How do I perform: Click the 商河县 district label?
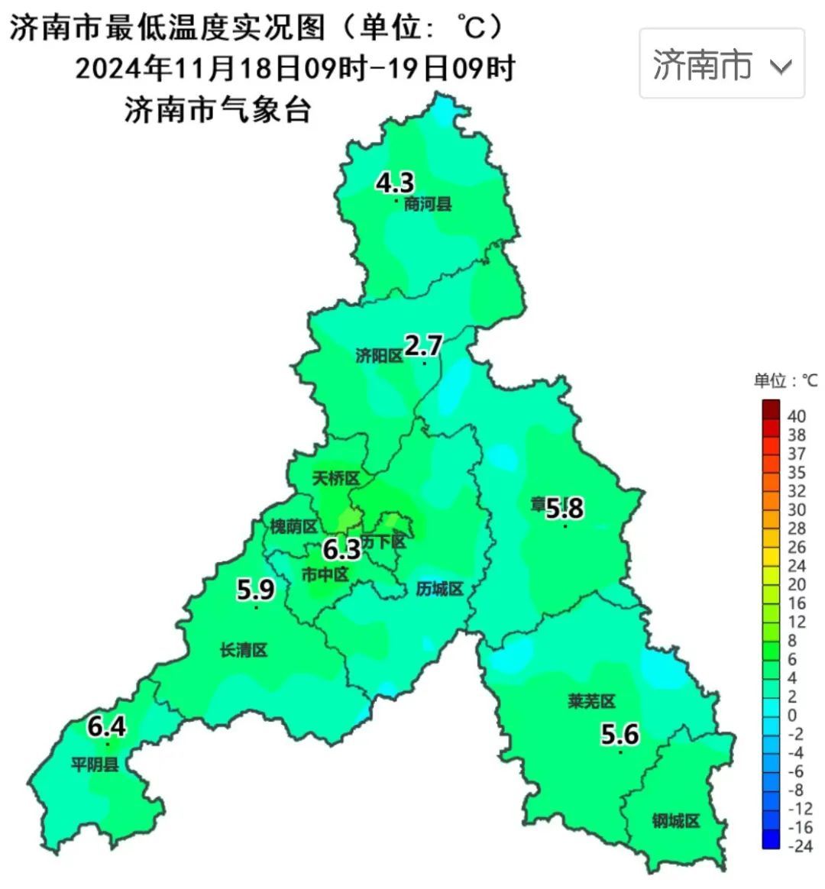click(428, 204)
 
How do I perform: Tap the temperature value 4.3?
click(395, 183)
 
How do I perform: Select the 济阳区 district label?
click(379, 355)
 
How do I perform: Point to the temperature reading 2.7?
click(422, 346)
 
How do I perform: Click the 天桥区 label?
click(335, 479)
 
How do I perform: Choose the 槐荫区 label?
click(293, 526)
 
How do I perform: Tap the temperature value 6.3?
click(341, 548)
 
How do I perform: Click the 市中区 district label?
click(325, 574)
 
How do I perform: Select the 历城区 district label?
click(440, 589)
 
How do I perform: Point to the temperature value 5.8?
click(565, 508)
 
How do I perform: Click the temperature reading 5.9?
click(255, 590)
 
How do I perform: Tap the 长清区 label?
click(244, 651)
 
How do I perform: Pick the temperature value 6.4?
click(106, 726)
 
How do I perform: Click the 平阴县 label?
click(95, 764)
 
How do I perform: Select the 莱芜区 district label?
click(591, 701)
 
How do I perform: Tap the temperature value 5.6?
click(620, 735)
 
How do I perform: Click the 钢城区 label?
click(676, 821)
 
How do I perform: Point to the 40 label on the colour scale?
click(797, 416)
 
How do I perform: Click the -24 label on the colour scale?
click(798, 845)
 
